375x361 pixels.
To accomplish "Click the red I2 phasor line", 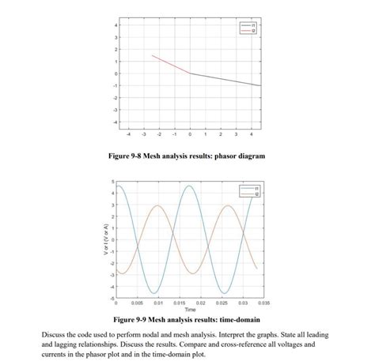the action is pyautogui.click(x=170, y=64).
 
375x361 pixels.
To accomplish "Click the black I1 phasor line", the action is pyautogui.click(x=225, y=79).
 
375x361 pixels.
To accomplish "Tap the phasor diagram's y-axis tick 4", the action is pyautogui.click(x=116, y=25).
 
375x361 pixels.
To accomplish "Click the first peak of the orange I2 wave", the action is pyautogui.click(x=157, y=205).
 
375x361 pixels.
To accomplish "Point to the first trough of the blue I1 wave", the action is pyautogui.click(x=153, y=293).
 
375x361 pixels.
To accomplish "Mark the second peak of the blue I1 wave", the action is pyautogui.click(x=189, y=186).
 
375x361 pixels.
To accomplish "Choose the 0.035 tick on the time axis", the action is pyautogui.click(x=263, y=303).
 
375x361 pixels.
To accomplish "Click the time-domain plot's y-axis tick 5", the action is pyautogui.click(x=112, y=182).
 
